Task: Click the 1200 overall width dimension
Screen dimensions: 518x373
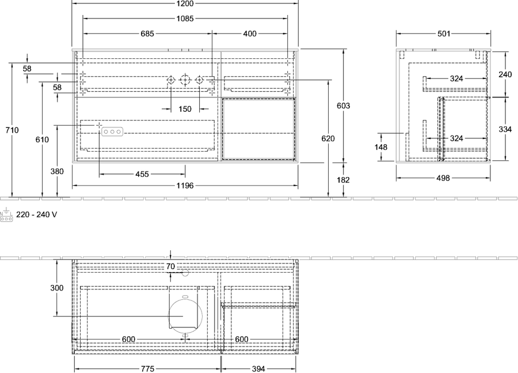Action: click(185, 3)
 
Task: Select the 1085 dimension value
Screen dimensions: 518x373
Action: click(185, 19)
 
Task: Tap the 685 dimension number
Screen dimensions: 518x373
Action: click(147, 34)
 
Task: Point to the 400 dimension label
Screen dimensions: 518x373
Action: click(250, 34)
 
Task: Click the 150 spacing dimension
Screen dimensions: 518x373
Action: click(185, 109)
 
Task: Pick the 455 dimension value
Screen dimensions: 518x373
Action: click(142, 174)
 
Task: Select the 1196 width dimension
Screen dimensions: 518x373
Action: click(185, 186)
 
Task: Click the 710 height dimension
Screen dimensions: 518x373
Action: click(12, 130)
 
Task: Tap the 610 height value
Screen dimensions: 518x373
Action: click(42, 140)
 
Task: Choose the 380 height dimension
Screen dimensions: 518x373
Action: click(57, 171)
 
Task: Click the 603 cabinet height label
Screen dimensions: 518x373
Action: click(343, 106)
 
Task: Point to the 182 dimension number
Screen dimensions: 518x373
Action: click(343, 180)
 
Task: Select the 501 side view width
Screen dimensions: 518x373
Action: click(444, 34)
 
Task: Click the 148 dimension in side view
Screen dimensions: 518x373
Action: click(381, 147)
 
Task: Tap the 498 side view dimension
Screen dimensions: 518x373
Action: click(443, 178)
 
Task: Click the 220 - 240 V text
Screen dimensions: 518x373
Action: click(37, 215)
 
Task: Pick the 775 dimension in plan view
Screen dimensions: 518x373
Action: click(148, 369)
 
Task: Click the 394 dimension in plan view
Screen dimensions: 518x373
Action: click(258, 369)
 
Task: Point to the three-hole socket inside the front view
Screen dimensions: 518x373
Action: click(112, 131)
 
